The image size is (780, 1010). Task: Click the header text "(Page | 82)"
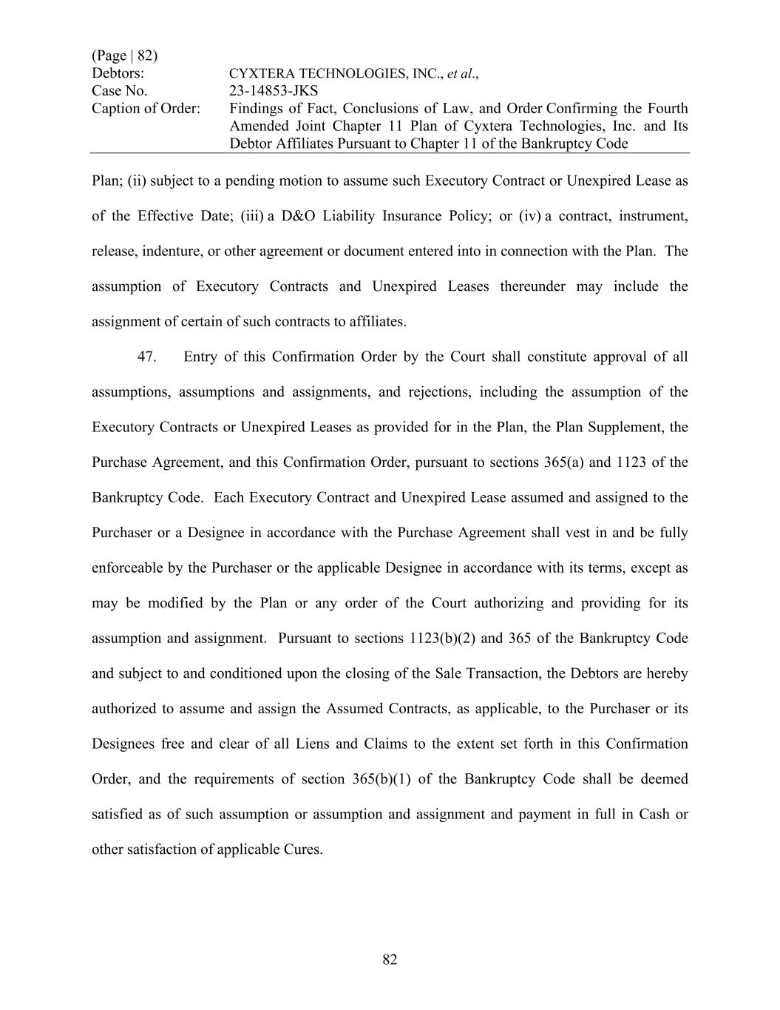pyautogui.click(x=124, y=56)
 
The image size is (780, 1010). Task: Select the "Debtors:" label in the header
pyautogui.click(x=118, y=74)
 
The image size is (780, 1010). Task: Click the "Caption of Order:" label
pyautogui.click(x=146, y=109)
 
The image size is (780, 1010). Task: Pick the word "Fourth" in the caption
pyautogui.click(x=667, y=109)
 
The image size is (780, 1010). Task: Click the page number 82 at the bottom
pyautogui.click(x=390, y=960)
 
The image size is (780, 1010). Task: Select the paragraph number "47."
pyautogui.click(x=146, y=357)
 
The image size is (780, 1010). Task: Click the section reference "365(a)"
pyautogui.click(x=563, y=462)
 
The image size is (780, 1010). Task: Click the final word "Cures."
pyautogui.click(x=303, y=849)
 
